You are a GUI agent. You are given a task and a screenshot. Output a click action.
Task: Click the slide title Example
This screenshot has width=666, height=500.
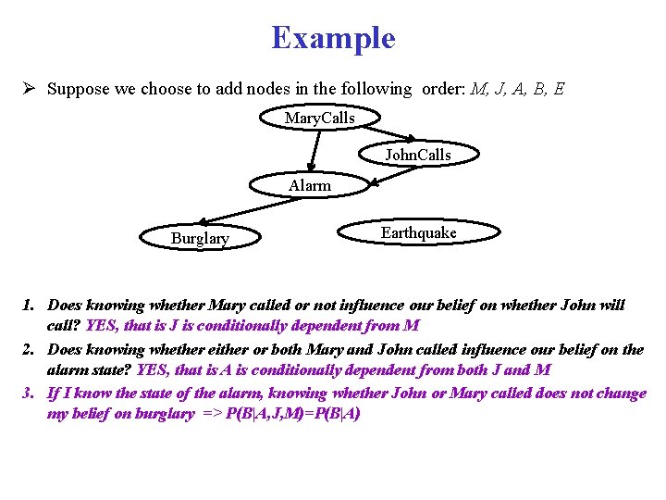pos(333,38)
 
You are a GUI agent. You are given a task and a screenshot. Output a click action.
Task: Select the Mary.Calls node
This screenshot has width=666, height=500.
pos(319,119)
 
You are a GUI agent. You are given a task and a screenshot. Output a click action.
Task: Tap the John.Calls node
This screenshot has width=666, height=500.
pos(418,155)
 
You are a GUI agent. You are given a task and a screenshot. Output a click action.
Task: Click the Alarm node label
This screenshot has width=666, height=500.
pos(309,186)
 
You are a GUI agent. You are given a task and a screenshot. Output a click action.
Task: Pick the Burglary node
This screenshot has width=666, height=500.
pos(200,239)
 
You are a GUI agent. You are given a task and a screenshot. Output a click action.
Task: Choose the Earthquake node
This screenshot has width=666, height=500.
pos(418,233)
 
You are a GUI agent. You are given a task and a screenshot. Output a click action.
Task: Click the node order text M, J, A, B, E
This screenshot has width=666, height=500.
pos(518,90)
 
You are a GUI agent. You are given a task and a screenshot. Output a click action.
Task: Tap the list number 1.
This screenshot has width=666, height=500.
pos(29,305)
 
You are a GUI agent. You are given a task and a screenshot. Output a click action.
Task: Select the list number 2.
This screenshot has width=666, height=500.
pos(29,350)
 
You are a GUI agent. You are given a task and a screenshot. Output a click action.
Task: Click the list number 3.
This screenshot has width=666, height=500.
pos(29,394)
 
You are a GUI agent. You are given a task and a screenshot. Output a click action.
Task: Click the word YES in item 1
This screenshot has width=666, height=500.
pos(101,326)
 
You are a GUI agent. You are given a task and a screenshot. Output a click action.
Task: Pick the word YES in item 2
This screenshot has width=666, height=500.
pos(152,370)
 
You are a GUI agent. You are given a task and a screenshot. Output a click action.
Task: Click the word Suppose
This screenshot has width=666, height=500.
pos(76,90)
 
